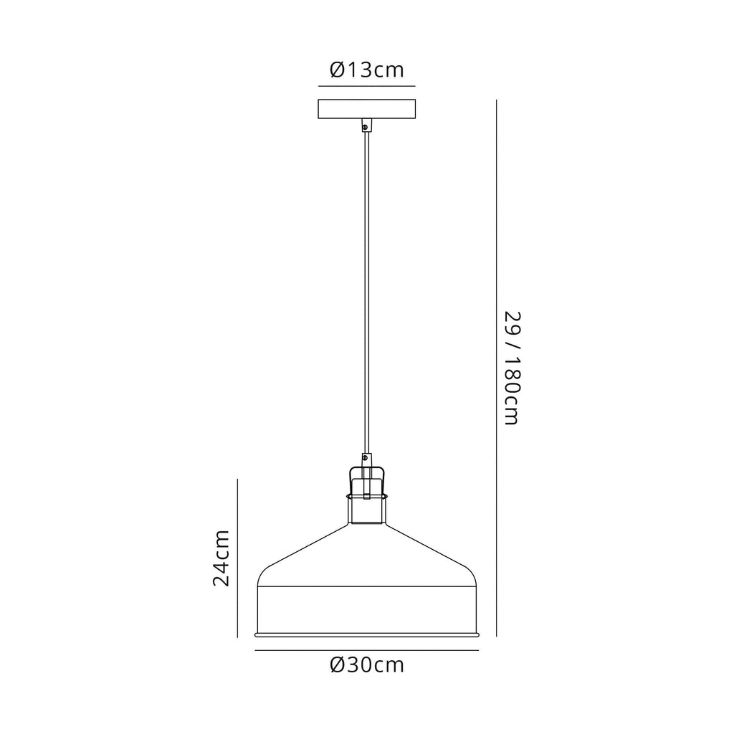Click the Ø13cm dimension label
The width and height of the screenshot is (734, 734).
(366, 70)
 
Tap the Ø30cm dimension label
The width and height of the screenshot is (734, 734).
(366, 665)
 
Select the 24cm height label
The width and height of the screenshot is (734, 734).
(221, 558)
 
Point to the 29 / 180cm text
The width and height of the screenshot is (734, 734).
(510, 368)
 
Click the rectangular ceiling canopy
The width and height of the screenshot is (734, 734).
(366, 109)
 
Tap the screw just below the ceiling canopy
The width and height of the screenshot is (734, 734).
(366, 128)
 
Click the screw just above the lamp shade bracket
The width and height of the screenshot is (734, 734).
(366, 457)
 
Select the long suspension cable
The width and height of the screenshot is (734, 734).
(366, 287)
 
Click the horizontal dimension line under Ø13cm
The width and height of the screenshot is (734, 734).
(366, 86)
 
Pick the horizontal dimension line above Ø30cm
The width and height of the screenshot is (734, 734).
(366, 650)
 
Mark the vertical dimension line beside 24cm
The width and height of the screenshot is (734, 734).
(237, 558)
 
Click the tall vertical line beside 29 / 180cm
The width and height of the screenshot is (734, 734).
(496, 368)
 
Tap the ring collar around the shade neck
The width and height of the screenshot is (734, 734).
(366, 495)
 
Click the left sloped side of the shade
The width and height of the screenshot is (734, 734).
(301, 548)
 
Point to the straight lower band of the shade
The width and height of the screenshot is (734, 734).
(366, 609)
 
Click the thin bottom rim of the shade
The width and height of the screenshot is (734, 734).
(366, 635)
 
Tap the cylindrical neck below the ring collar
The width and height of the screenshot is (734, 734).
(366, 512)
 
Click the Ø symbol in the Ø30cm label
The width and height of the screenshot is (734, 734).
(338, 665)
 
